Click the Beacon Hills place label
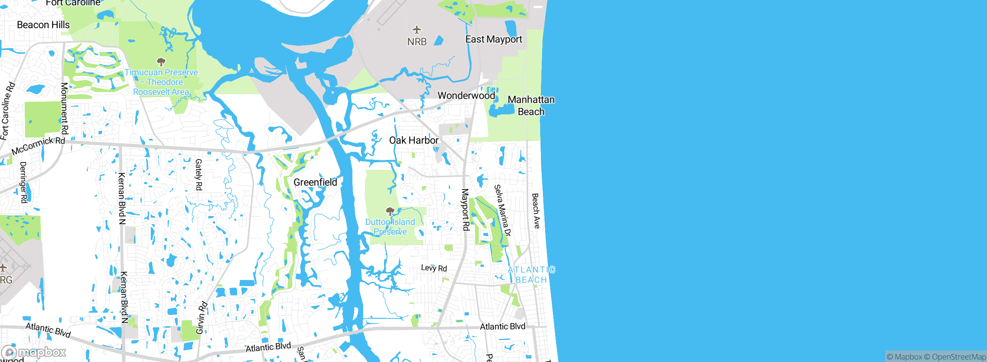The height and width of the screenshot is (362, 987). point(43,25)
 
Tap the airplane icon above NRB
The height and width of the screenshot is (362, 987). point(416,30)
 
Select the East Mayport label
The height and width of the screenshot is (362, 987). point(493,39)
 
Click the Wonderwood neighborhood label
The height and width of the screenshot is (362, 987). point(466,95)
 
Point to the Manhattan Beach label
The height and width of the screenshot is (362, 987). point(531,106)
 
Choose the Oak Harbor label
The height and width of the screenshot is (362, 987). point(414,140)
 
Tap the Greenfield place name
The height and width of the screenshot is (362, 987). point(315,182)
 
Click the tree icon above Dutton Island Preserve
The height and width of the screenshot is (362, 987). point(390,211)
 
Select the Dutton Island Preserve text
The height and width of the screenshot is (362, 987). point(390,227)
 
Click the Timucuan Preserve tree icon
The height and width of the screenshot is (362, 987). point(161,62)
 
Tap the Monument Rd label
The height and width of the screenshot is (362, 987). point(64,109)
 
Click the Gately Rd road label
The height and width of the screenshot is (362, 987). point(199,174)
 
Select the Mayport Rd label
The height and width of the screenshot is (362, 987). point(465,209)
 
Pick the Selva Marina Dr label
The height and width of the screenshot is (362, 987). point(503,210)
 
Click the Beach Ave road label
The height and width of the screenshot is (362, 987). point(536,211)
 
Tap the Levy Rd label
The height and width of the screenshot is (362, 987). point(434,268)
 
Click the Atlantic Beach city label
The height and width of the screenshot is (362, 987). point(531,275)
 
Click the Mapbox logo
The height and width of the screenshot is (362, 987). point(34,352)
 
